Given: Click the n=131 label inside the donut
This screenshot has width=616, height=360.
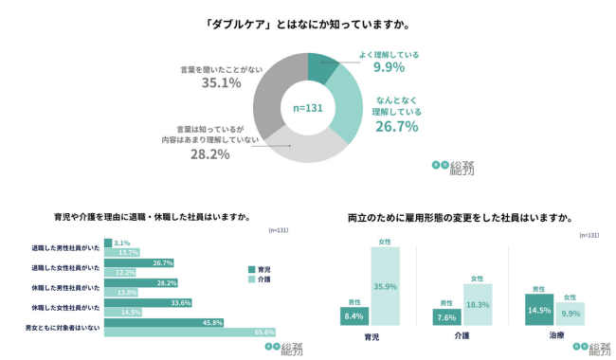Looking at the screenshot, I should point(308,108).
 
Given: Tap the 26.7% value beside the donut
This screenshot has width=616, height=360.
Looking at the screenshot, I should point(396,126).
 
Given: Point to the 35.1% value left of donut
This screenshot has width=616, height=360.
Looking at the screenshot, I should point(222,83).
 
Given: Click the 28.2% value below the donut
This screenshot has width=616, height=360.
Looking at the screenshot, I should point(209,153).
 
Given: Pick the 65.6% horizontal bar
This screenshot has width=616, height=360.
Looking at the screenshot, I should point(190,332).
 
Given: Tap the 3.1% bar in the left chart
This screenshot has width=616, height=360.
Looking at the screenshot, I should point(108,243).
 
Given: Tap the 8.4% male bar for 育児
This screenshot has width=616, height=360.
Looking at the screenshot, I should point(353,316).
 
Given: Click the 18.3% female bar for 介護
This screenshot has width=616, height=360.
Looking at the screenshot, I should point(477,305).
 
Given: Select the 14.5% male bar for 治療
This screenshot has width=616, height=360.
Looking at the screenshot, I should point(538,310).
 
